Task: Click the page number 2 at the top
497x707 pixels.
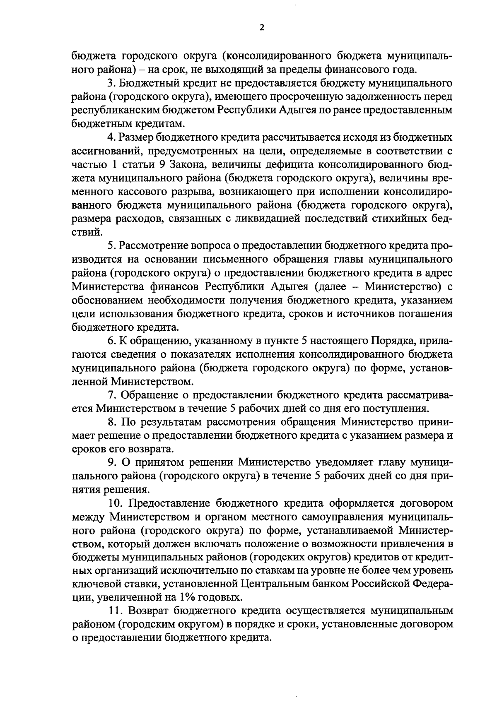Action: click(261, 28)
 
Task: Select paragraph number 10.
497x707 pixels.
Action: click(114, 503)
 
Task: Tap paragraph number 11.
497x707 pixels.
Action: click(114, 611)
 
